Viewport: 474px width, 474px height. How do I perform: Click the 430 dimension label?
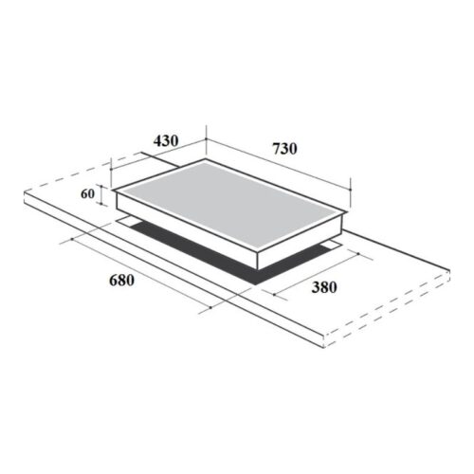pos(165,141)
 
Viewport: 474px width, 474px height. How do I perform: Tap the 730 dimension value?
pos(284,149)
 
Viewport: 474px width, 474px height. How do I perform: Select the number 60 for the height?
pos(86,194)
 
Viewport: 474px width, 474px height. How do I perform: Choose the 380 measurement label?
pos(324,287)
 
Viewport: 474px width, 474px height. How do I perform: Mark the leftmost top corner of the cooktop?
pos(114,191)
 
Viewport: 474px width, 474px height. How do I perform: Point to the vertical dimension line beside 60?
pos(100,194)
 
